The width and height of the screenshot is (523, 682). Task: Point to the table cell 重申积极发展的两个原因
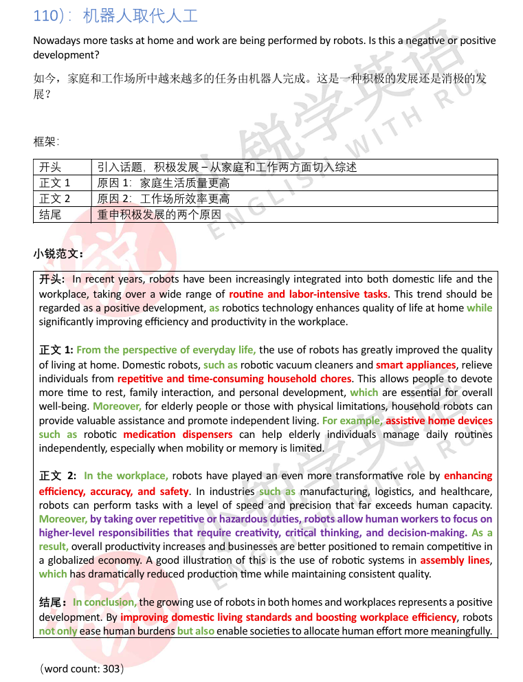point(159,214)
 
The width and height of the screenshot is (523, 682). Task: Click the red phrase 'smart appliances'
point(416,364)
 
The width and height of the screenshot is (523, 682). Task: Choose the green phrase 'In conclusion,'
point(105,602)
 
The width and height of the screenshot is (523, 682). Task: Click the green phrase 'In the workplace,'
point(126,476)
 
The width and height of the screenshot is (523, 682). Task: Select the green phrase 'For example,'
point(352,420)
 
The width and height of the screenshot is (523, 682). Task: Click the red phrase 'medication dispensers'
point(177,434)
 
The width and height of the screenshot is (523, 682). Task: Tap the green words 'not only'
point(57,630)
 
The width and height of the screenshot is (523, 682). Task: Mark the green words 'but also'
point(196,630)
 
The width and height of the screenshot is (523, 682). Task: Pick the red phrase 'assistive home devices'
point(439,420)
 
